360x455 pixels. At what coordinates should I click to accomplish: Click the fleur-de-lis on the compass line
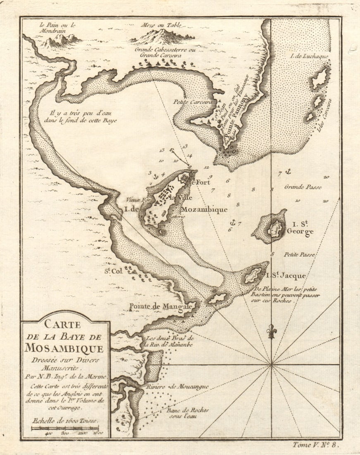click(x=271, y=331)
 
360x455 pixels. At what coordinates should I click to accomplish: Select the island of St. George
click(x=273, y=227)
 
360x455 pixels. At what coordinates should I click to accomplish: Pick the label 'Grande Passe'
click(x=303, y=187)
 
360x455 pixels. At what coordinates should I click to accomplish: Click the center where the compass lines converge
click(x=271, y=364)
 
